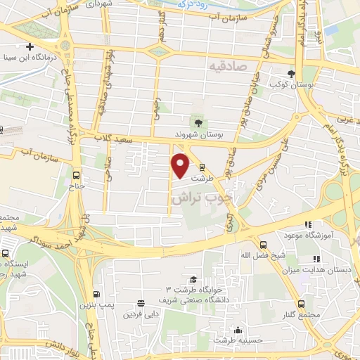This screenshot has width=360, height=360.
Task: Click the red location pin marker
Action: (181, 165)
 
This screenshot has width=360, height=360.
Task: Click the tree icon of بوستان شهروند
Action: (198, 122)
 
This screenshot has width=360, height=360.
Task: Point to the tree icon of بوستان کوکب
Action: (291, 74)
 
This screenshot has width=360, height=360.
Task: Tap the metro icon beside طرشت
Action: (202, 167)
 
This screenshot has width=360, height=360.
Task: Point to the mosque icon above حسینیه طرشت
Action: (239, 330)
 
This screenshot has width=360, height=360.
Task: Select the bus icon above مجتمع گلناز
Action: (301, 304)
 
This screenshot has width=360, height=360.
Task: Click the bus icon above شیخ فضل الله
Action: (263, 245)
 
